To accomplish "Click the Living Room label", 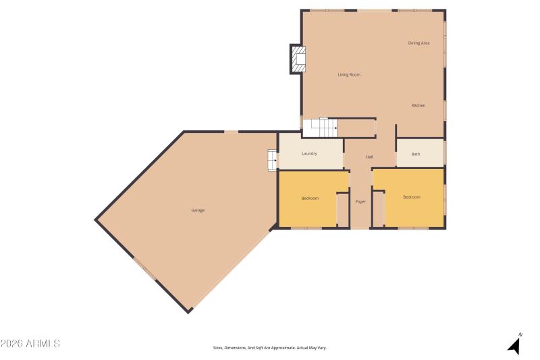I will tap(349, 74).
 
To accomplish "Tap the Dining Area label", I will tap(418, 43).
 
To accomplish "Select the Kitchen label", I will tap(418, 105).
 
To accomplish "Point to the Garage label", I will tap(198, 211).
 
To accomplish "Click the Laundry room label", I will tap(310, 154).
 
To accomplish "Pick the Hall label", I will tap(369, 157).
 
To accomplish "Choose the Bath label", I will tap(416, 154).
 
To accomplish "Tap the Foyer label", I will tap(360, 202).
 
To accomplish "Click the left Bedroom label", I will tap(310, 198).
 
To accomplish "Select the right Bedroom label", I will tap(412, 197).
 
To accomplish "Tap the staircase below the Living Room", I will tap(319, 127).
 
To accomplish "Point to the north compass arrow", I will tap(514, 344).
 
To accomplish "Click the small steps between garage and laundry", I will tap(272, 160).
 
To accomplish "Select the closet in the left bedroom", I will tap(342, 210).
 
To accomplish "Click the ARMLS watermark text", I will tap(30, 344).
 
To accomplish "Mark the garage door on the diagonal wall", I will tap(145, 269).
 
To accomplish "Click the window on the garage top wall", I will tap(231, 132).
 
